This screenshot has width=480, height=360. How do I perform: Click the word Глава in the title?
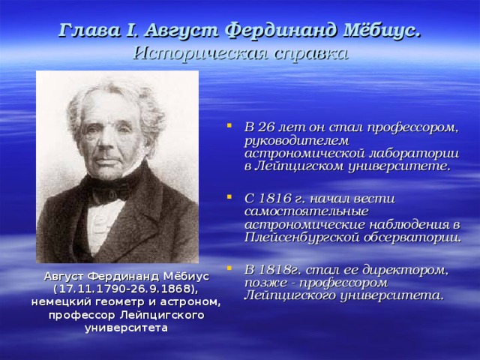(88, 31)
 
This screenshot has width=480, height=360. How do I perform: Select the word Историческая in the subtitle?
(201, 54)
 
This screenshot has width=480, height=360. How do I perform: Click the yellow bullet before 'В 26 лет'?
(229, 125)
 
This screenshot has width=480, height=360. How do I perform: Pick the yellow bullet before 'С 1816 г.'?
(229, 196)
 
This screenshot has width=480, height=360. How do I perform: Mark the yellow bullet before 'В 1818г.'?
(229, 268)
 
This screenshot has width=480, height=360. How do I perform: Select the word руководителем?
(296, 141)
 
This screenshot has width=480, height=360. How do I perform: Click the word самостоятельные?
(306, 211)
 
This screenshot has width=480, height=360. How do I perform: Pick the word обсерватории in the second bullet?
(411, 238)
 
